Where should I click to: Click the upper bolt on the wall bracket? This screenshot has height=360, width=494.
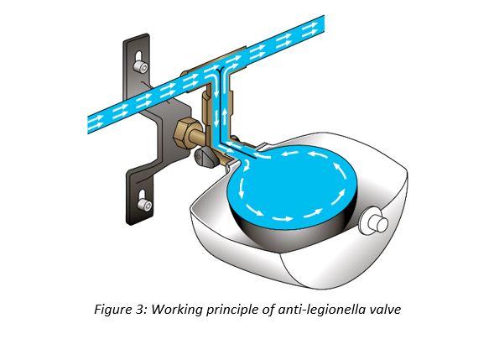click(x=140, y=66)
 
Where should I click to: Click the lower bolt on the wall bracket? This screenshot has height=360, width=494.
click(x=144, y=206)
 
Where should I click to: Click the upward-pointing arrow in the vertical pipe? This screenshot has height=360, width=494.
click(x=224, y=116)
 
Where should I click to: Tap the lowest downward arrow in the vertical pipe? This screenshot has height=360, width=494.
click(x=216, y=119)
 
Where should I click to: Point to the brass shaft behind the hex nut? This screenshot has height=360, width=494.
click(x=198, y=137)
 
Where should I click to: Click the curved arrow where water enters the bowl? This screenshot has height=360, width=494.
click(x=247, y=164)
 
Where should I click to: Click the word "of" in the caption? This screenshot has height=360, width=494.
click(x=268, y=310)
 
